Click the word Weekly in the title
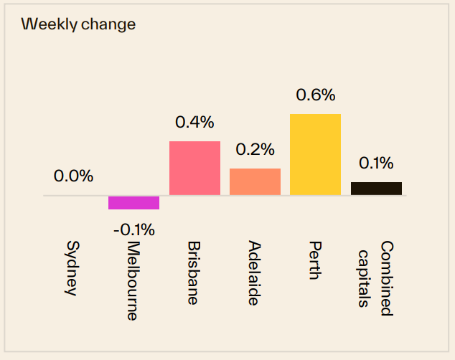[47, 24]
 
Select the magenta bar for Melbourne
[133, 202]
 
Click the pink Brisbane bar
[194, 168]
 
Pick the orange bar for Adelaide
[255, 181]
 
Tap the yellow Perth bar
[315, 154]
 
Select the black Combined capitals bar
[376, 188]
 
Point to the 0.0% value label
[73, 176]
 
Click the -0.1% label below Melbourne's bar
[133, 230]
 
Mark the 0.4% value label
[194, 122]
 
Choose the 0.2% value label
[255, 149]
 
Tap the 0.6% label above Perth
[315, 95]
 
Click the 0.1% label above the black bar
[376, 164]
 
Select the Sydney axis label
[73, 268]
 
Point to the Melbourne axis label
[133, 280]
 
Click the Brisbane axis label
[194, 273]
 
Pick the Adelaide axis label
[254, 273]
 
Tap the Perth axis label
[315, 260]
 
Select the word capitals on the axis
[366, 278]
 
